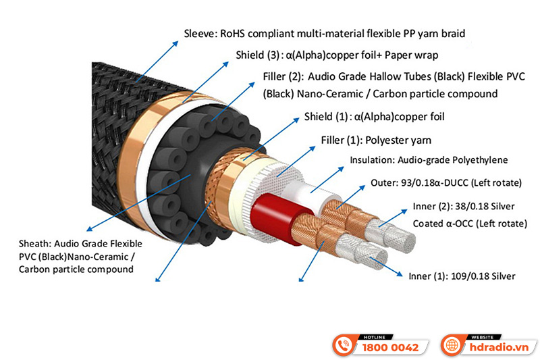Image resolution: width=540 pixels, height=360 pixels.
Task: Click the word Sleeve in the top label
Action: tap(200, 33)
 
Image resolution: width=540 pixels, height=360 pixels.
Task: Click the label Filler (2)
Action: tap(282, 77)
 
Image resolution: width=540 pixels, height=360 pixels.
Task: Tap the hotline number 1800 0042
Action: tap(391, 348)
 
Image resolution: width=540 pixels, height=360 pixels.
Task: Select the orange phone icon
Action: tap(346, 345)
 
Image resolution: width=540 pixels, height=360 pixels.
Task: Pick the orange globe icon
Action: tap(452, 345)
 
